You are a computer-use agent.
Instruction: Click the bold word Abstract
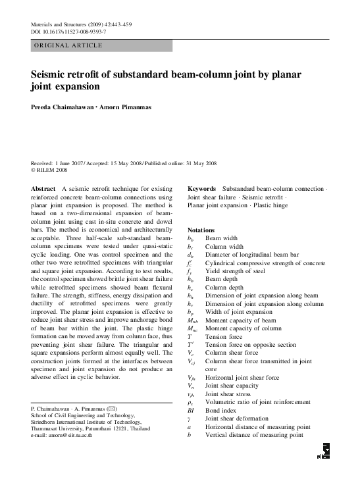point(43,188)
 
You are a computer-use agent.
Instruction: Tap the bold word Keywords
point(202,188)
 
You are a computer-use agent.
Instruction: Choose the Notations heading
point(201,230)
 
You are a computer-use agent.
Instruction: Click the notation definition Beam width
point(222,238)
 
